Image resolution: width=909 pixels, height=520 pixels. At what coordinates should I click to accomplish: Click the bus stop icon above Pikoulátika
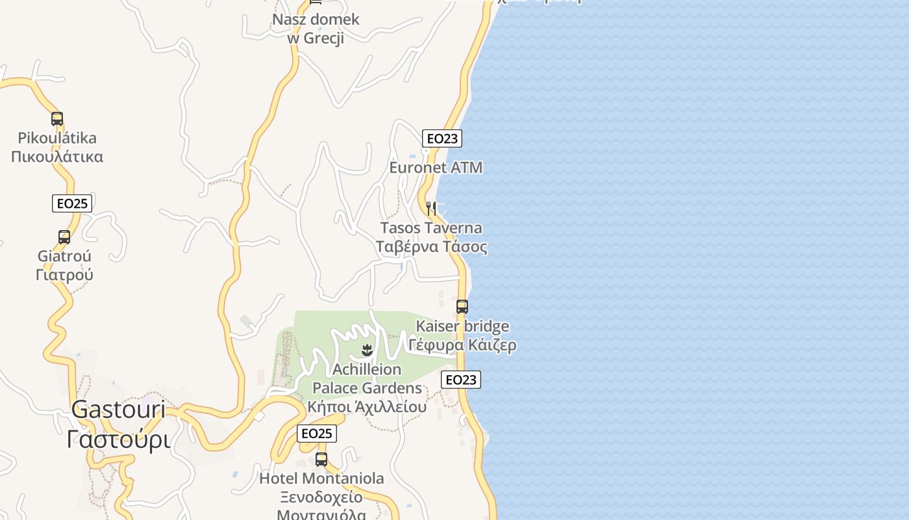point(57,119)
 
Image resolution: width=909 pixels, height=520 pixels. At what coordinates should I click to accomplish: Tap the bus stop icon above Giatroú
point(64,237)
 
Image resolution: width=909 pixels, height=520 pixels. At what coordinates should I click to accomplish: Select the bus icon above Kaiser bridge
point(462,307)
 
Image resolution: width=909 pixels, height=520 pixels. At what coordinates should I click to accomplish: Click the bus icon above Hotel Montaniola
point(321,460)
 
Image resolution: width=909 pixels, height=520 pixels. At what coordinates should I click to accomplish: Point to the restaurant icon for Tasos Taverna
point(431,209)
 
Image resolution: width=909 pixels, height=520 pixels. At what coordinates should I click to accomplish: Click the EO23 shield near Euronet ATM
point(442,138)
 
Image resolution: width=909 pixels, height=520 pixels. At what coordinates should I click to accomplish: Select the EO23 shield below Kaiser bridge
point(461,380)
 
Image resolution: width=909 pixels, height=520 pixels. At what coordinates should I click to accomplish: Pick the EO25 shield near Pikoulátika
point(72,203)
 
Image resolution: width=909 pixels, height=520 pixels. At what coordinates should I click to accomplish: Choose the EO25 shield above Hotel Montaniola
point(317,434)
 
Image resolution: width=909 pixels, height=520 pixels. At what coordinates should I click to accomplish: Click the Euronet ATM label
point(436,168)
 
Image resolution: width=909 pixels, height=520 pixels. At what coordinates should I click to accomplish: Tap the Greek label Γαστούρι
point(119,439)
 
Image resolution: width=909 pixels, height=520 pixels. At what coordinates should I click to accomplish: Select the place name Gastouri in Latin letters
point(118,409)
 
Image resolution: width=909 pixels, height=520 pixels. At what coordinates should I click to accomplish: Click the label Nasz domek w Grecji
point(316,29)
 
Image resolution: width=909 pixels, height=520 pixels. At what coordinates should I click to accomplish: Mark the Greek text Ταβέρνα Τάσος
point(431,247)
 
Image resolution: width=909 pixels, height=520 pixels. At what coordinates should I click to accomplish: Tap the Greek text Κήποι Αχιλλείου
point(367,408)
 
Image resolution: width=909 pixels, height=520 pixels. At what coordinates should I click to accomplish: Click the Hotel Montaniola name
point(321,479)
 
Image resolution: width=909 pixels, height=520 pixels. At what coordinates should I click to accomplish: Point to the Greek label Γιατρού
point(64,275)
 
